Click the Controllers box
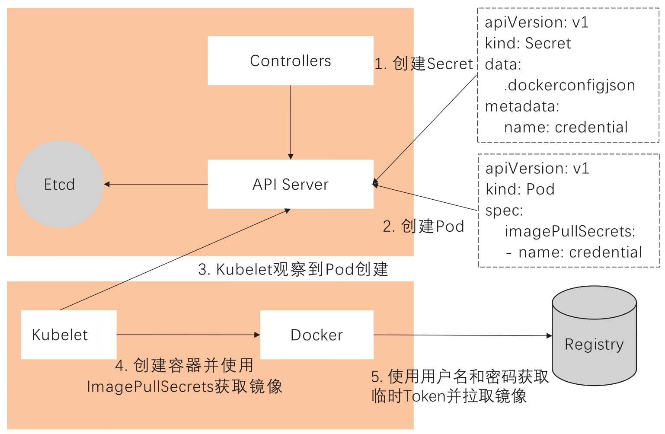[291, 61]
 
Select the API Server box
[291, 185]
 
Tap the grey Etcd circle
[60, 185]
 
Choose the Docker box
[317, 335]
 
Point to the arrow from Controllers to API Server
[291, 121]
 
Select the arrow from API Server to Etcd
[156, 185]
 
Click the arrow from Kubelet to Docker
[188, 335]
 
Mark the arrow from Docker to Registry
[463, 335]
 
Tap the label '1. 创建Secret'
[424, 64]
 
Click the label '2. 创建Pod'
[424, 227]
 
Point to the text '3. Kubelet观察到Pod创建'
[293, 269]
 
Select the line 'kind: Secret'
[528, 43]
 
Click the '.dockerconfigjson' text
[569, 86]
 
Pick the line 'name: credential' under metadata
[566, 128]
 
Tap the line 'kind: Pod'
[520, 189]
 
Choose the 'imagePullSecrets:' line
[570, 232]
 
